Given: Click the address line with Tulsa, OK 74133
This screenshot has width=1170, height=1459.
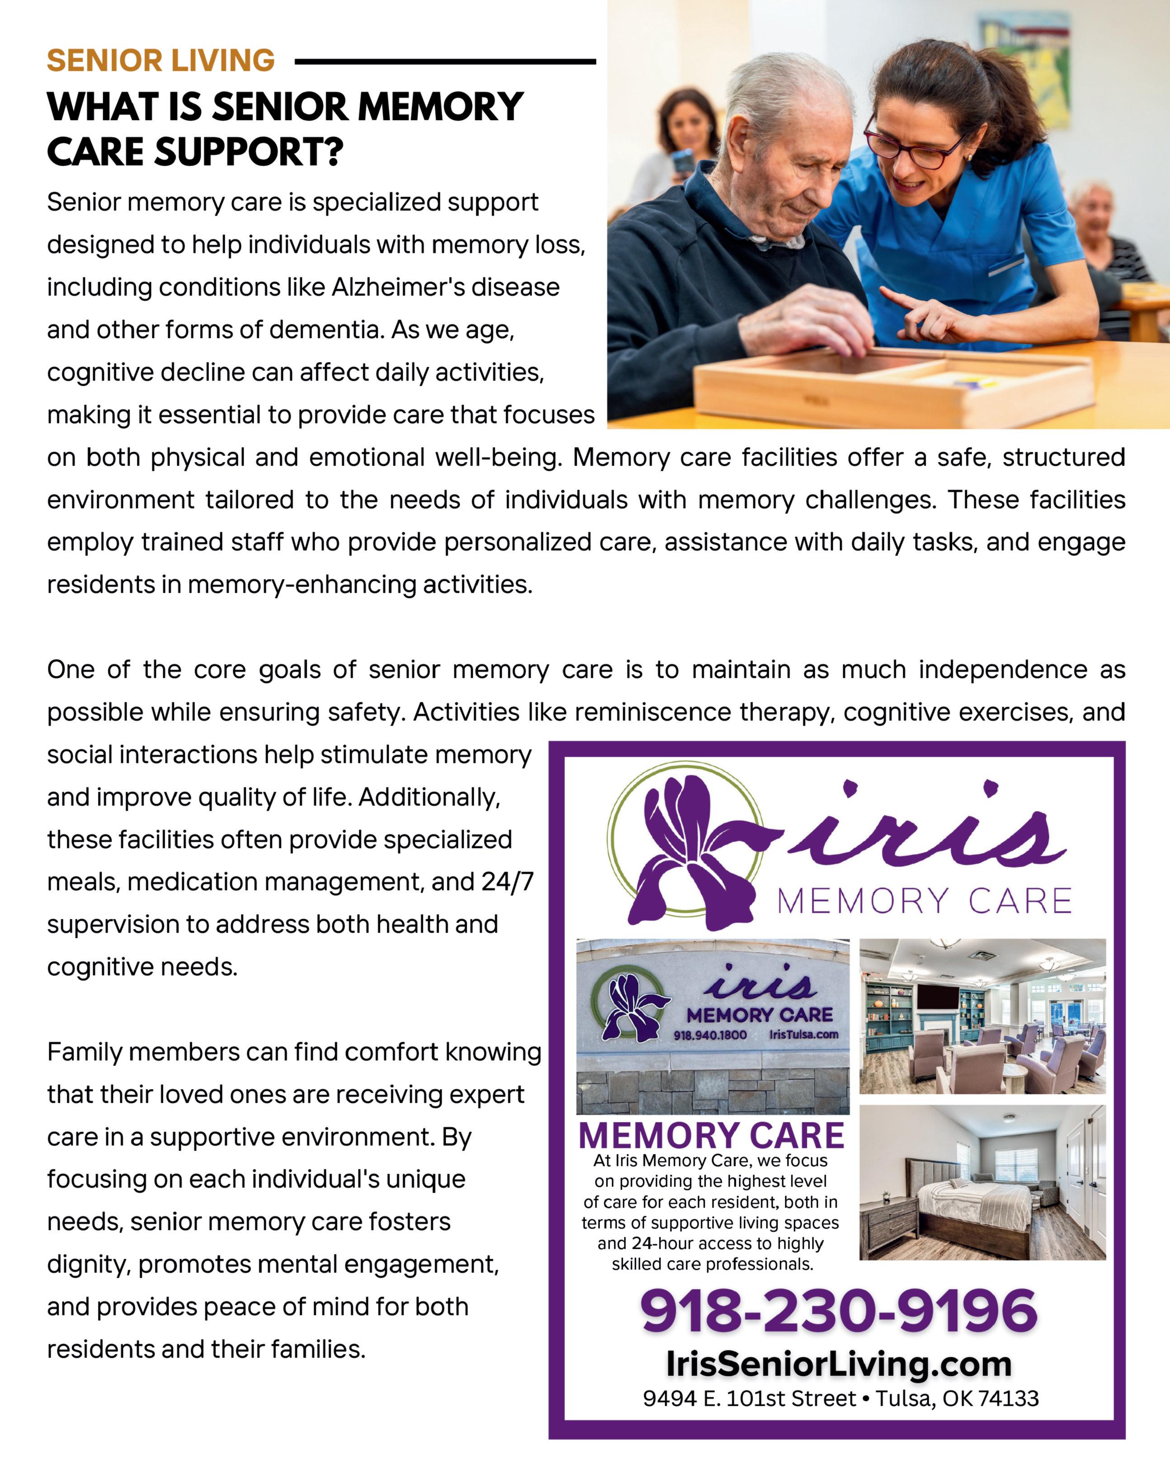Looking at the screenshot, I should click(840, 1398).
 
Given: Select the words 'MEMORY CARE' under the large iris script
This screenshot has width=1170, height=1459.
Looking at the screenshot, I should click(924, 902).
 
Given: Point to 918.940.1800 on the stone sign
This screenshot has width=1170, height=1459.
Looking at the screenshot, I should click(710, 1035).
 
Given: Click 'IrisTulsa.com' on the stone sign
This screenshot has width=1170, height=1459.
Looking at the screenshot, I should click(803, 1035).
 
